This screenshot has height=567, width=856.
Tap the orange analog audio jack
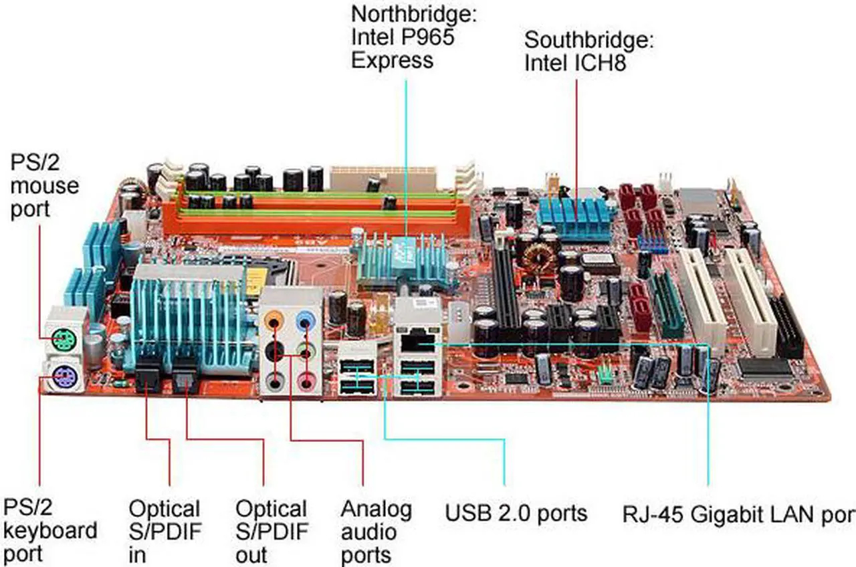274,320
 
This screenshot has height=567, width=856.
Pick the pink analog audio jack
306,380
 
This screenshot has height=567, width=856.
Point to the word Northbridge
414,15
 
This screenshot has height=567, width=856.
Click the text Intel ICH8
575,63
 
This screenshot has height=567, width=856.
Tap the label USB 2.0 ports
516,513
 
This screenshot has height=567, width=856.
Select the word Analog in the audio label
377,509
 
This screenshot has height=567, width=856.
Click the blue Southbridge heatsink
576,219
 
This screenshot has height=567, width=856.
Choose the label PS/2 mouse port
44,186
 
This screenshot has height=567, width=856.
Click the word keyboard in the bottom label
50,531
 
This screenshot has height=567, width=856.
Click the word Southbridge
589,39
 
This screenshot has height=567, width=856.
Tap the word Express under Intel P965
392,60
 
